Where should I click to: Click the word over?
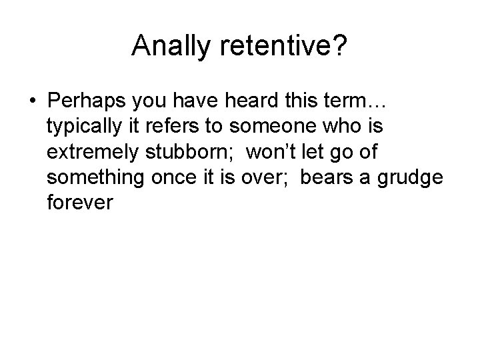[267, 177]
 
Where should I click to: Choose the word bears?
[327, 177]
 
